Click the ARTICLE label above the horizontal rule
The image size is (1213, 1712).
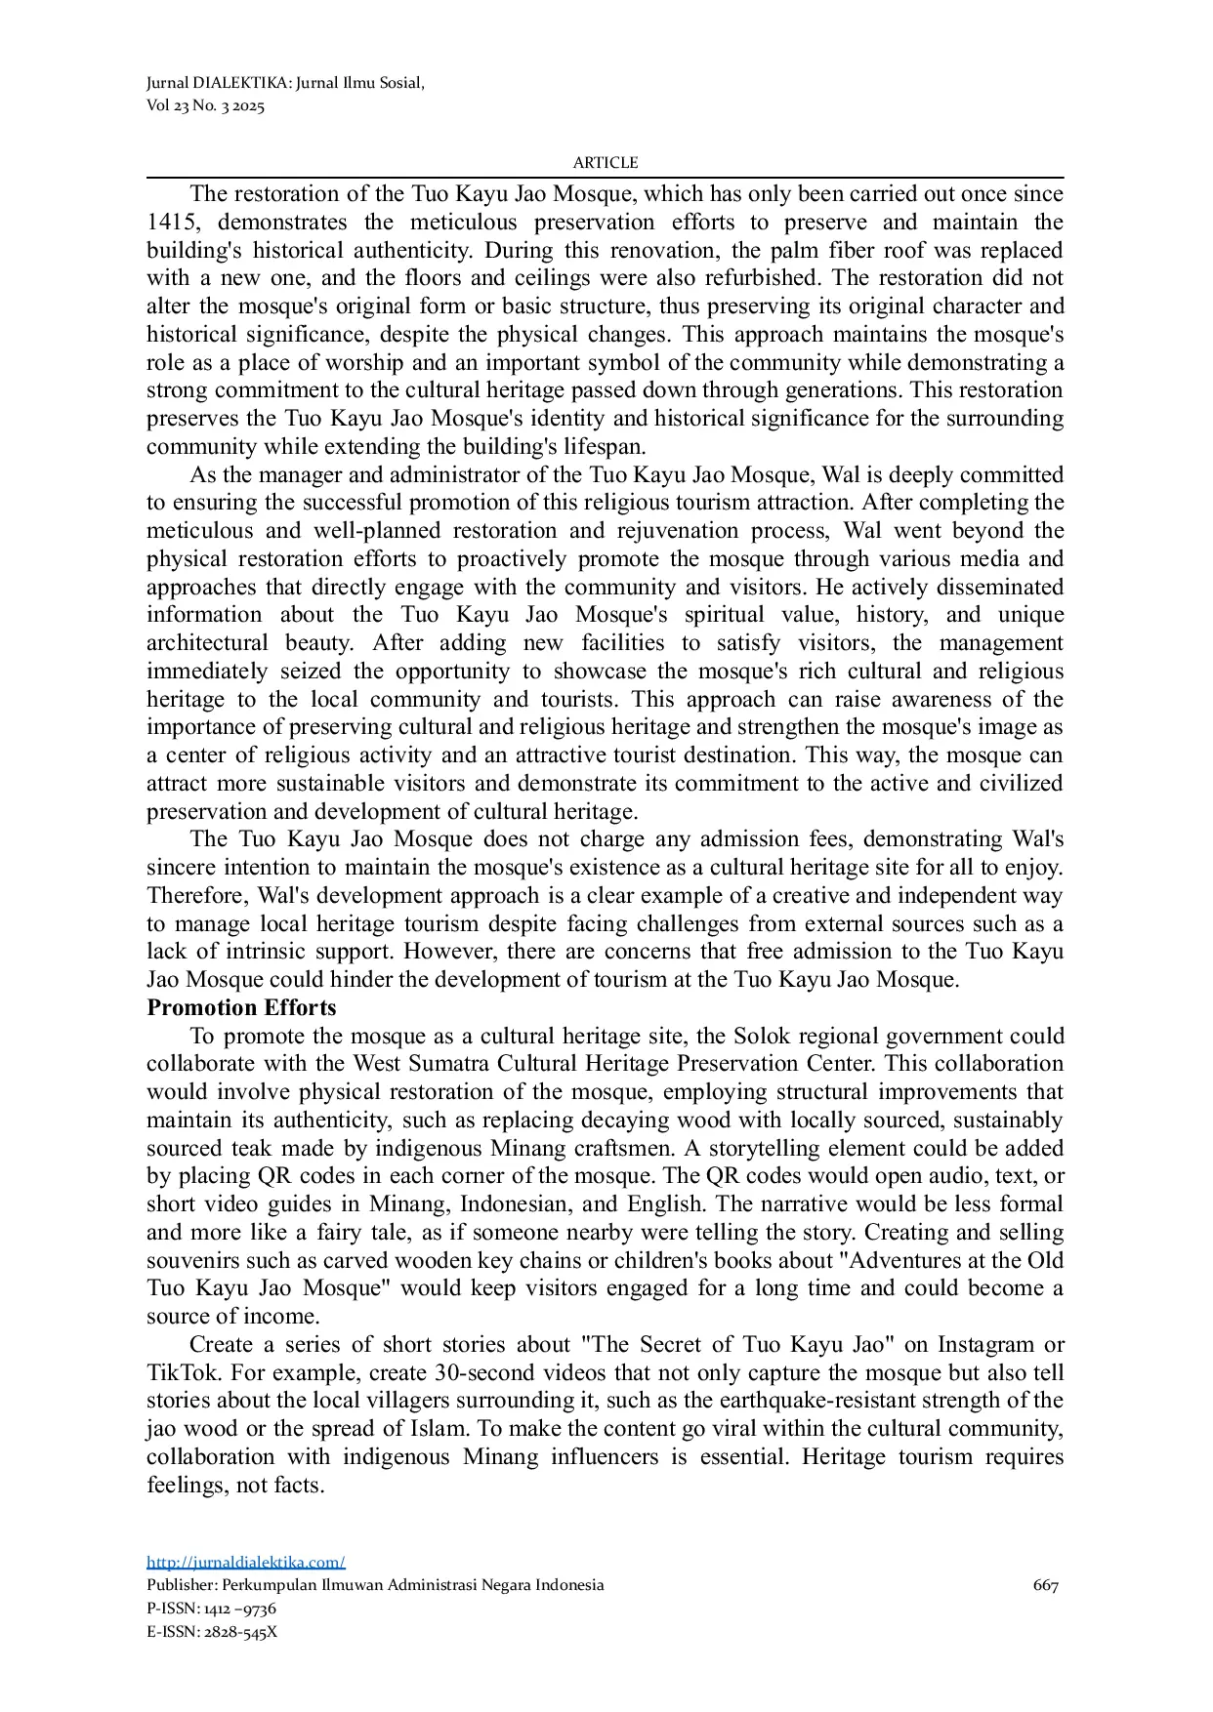(605, 163)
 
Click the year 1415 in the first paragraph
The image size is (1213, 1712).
(168, 222)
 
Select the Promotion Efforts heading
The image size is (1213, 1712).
(241, 1007)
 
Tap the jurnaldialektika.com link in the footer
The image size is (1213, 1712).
(246, 1562)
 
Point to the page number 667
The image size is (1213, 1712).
(1045, 1585)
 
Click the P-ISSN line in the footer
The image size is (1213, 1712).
(211, 1608)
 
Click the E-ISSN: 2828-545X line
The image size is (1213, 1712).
(212, 1631)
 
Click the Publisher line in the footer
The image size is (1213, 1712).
(375, 1585)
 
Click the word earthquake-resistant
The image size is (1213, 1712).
(809, 1400)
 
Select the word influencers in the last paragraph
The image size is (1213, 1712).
(690, 1456)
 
